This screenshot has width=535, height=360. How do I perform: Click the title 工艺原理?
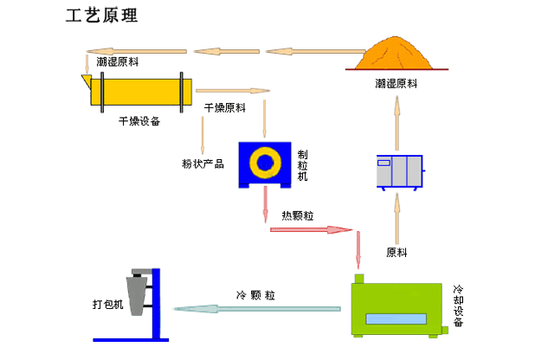101,16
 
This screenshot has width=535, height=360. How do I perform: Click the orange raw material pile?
395,55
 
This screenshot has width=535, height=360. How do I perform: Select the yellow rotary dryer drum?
141,92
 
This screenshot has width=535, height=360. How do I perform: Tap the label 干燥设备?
139,121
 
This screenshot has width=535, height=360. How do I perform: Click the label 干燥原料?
225,108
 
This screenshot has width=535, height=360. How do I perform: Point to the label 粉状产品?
203,164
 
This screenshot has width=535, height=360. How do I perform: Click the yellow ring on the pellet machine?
265,163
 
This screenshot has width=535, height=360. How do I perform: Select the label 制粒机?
302,165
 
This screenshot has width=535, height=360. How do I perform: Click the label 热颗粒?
297,215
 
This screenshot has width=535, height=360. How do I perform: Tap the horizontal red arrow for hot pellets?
311,229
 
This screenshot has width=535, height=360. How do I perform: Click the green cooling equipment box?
396,309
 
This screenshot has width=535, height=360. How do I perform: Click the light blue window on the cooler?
396,319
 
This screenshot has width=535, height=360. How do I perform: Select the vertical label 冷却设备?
458,306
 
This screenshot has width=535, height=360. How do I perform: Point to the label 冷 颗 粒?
255,295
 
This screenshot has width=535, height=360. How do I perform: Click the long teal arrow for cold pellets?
256,309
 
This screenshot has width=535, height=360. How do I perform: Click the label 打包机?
108,304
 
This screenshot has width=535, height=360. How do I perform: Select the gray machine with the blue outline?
400,171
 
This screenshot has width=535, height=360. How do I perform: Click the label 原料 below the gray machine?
396,253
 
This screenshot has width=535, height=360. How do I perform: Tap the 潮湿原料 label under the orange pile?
396,83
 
